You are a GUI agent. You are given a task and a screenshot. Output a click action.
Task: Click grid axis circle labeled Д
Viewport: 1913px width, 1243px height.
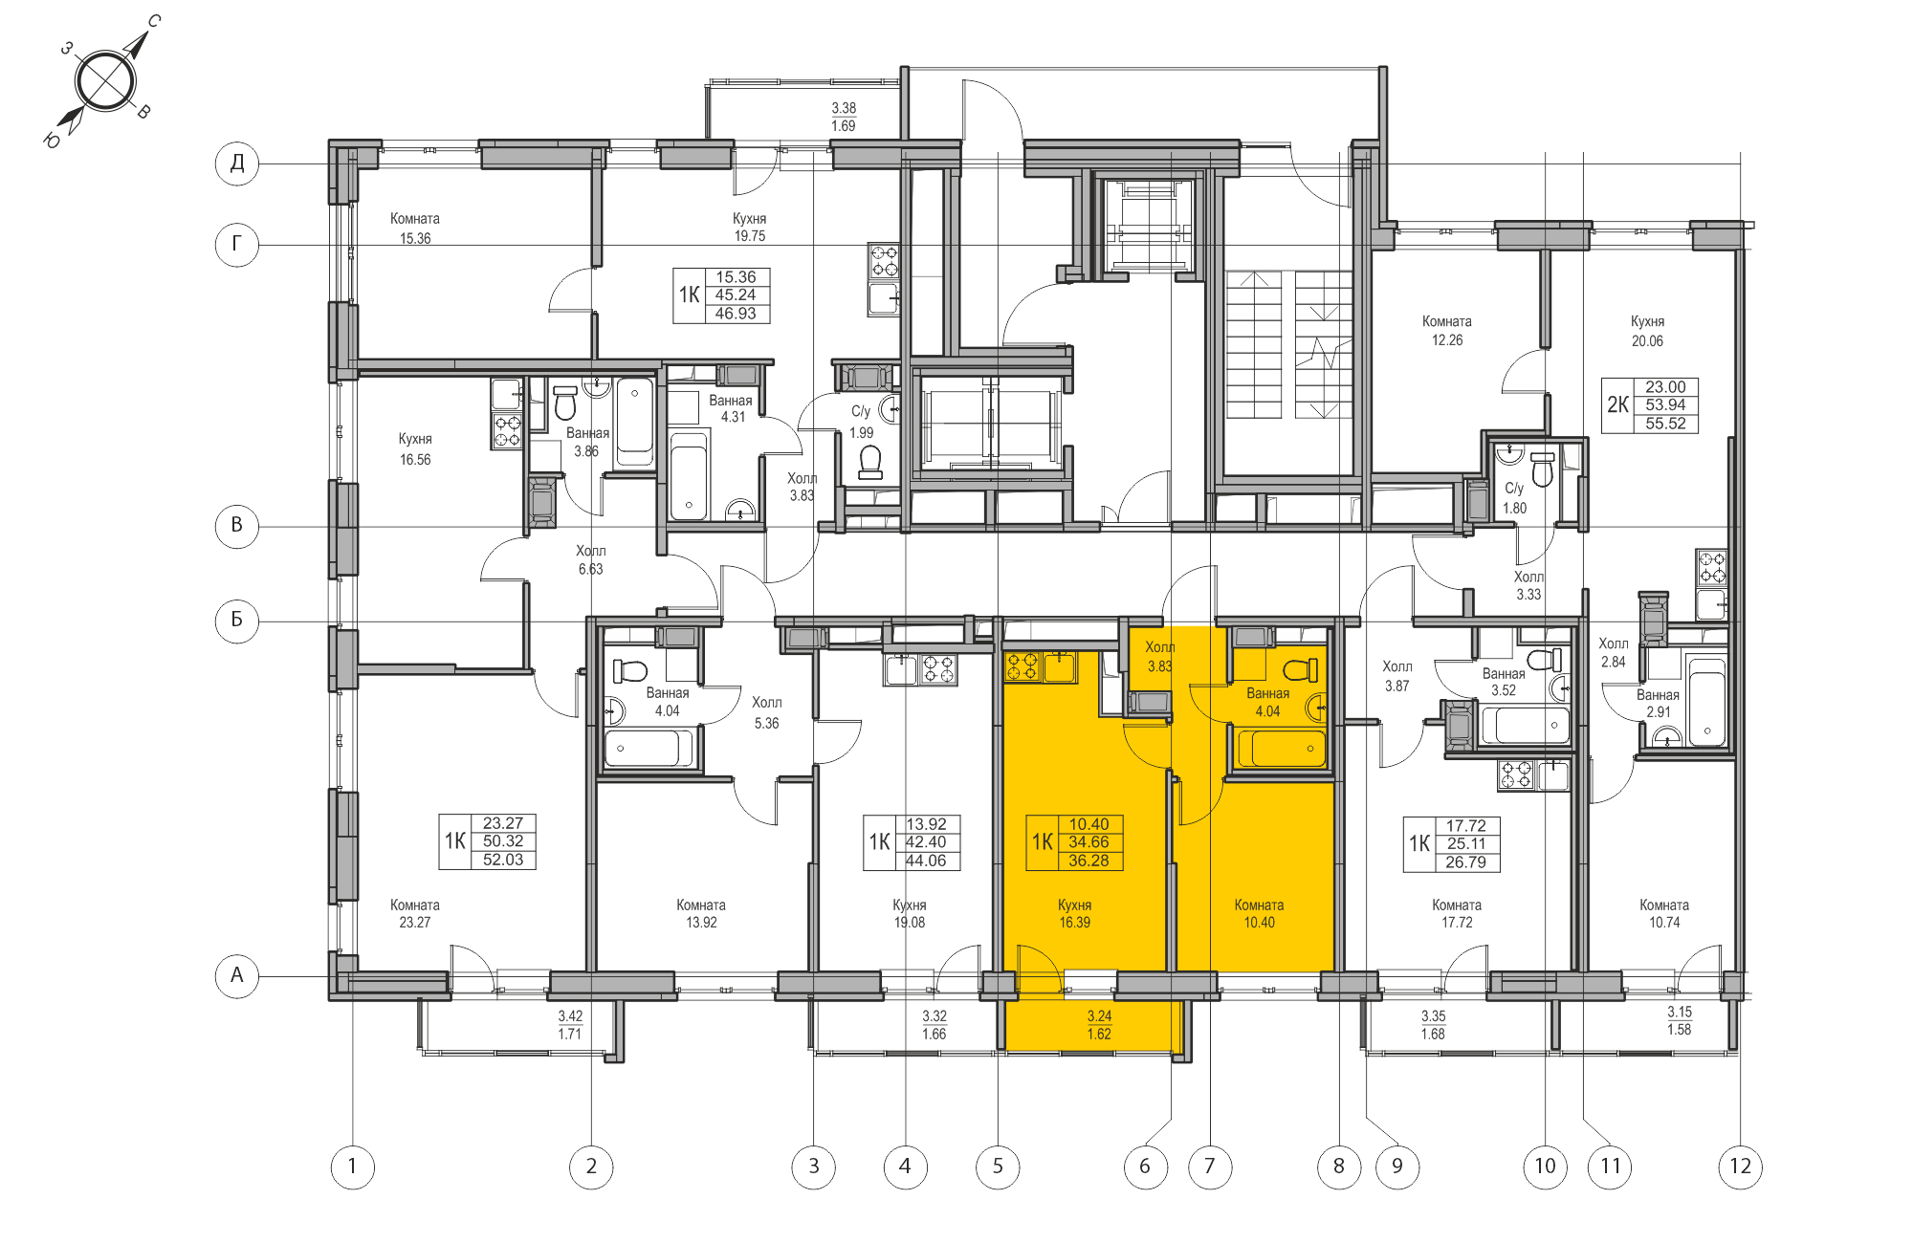tap(237, 164)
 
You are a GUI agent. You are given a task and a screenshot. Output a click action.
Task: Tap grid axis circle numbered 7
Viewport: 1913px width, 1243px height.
tap(1210, 1167)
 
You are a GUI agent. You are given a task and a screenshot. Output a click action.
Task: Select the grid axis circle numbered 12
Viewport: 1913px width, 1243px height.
tap(1740, 1167)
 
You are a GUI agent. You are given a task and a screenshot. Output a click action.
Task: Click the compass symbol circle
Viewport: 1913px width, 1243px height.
tap(104, 81)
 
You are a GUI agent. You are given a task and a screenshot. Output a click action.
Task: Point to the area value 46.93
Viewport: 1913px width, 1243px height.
tap(735, 314)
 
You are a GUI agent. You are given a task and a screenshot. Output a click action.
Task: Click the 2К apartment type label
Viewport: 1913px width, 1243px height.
tap(1617, 404)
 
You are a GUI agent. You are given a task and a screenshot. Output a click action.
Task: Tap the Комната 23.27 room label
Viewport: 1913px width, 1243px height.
tap(414, 913)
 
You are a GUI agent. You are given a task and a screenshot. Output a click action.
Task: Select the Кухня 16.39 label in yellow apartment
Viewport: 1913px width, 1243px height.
tap(1074, 913)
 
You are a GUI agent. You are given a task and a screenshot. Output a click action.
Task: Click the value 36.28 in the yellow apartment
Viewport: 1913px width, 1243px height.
tap(1088, 861)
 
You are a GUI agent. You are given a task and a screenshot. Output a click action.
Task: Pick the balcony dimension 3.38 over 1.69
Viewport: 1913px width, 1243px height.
tap(843, 117)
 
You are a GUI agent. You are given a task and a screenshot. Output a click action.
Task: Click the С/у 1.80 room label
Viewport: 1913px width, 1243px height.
tap(1514, 498)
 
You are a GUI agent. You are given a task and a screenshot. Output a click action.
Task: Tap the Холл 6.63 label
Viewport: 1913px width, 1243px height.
tap(590, 559)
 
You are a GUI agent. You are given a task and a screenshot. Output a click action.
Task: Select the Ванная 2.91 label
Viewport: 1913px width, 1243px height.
tap(1658, 703)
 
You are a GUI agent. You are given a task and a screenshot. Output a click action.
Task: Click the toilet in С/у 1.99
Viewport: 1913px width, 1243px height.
tap(870, 463)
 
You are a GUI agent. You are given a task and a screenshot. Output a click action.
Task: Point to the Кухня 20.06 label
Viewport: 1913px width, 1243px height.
tap(1647, 331)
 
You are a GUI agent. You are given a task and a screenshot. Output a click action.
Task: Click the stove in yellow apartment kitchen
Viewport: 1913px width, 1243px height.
tap(1022, 666)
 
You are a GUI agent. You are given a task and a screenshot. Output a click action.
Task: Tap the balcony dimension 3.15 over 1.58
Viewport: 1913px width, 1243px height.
tap(1679, 1020)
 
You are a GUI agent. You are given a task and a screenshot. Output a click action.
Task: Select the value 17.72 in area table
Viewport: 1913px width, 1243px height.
tap(1465, 826)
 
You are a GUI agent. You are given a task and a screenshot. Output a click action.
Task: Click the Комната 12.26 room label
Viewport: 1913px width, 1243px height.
tap(1446, 331)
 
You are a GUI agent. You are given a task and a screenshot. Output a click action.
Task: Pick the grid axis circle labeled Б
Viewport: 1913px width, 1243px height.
tap(237, 621)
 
